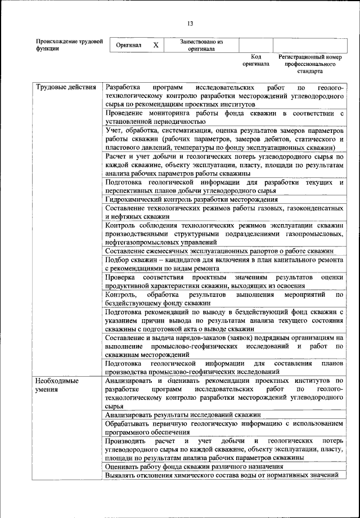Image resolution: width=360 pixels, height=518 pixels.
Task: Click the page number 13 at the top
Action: [190, 23]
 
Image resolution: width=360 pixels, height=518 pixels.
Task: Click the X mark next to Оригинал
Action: [156, 44]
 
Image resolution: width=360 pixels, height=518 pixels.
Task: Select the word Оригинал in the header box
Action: [129, 44]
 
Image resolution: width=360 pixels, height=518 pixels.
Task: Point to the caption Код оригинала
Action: [256, 61]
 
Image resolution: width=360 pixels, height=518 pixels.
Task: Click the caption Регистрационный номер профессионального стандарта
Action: [310, 65]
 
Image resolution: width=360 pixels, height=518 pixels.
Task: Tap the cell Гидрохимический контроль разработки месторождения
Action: [191, 199]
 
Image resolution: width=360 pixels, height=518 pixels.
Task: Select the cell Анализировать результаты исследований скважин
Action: [185, 414]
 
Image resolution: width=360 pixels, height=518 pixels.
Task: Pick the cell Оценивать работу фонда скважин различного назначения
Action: [194, 467]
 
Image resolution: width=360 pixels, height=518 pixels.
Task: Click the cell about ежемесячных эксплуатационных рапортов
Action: [220, 251]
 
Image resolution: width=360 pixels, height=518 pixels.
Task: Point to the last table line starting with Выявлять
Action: [222, 476]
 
